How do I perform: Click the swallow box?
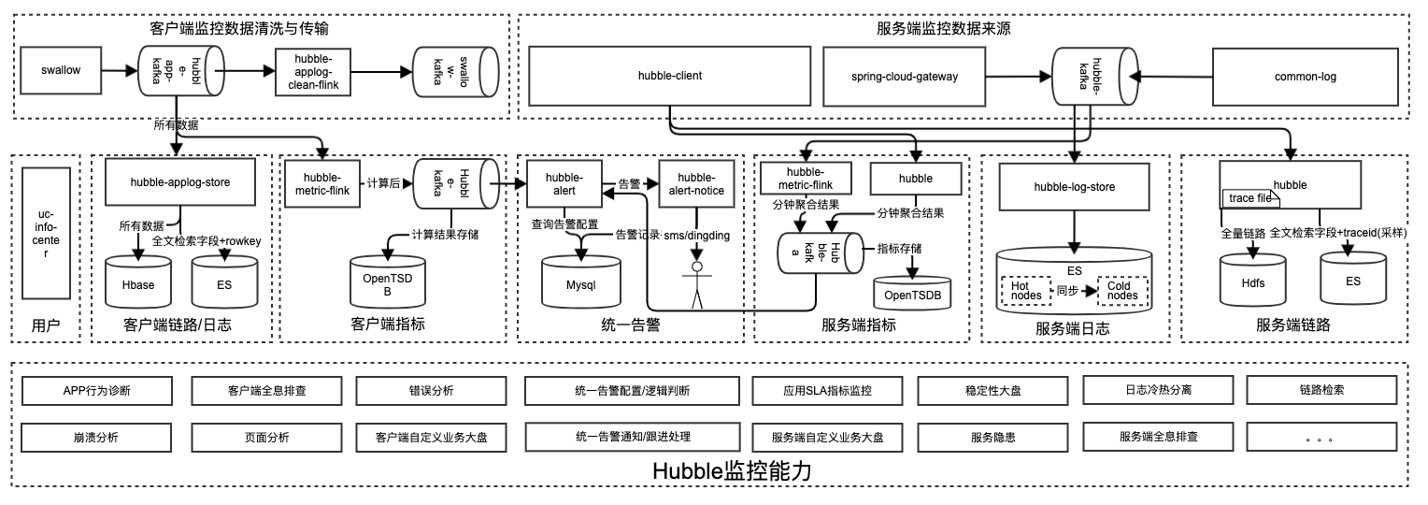[61, 70]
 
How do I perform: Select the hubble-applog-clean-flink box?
[313, 72]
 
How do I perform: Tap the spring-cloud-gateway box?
[904, 77]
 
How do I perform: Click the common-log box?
[1305, 77]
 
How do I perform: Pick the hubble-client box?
[670, 76]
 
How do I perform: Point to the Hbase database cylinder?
[138, 281]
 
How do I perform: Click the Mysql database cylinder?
[580, 281]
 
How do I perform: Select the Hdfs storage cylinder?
[1252, 281]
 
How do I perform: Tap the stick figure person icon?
[697, 284]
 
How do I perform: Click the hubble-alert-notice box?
[696, 183]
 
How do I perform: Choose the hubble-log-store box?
[1074, 187]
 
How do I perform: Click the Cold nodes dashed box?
[1122, 291]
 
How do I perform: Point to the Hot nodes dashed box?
[1026, 291]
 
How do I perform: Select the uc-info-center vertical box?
[46, 234]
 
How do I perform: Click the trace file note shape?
[1250, 198]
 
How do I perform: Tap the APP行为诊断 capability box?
[97, 391]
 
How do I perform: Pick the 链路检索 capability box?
[1321, 390]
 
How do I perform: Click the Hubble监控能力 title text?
[732, 471]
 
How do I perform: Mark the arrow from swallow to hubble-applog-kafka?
[120, 70]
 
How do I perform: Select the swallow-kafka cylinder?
[456, 72]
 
